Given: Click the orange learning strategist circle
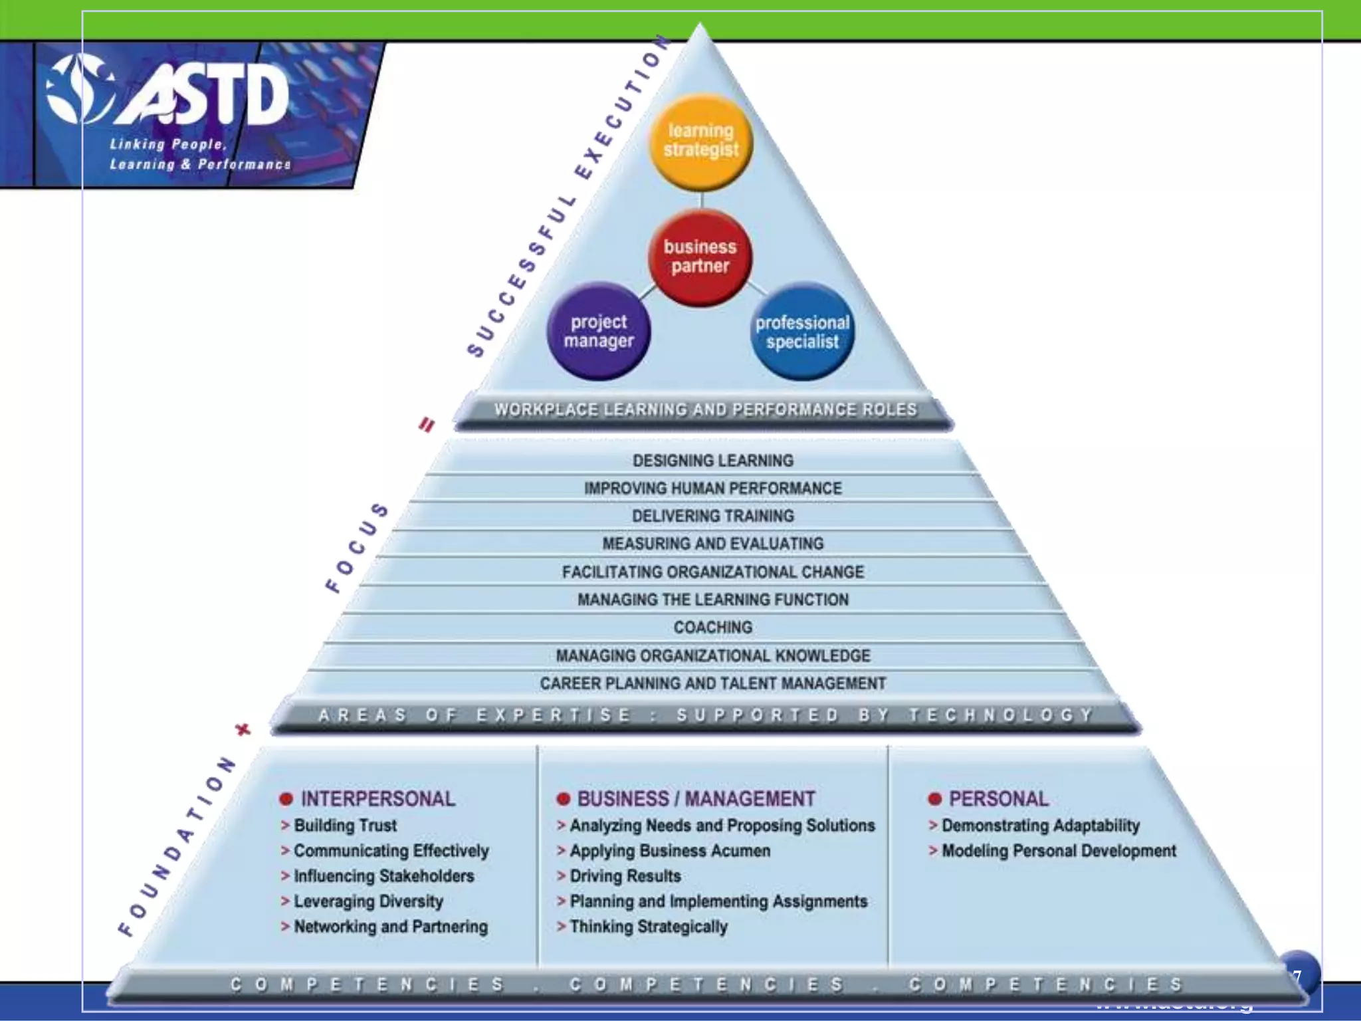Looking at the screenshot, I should point(700,141).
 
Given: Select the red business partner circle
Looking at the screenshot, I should point(700,257).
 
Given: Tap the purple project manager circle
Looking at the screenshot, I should point(599,331).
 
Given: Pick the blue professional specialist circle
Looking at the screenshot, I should point(802,332).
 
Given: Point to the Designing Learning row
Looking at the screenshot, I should point(712,461).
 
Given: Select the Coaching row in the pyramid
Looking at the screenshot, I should point(712,627).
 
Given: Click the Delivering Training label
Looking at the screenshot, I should point(712,516).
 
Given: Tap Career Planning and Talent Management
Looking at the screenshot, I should point(712,683).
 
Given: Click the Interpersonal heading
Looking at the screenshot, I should point(377,798).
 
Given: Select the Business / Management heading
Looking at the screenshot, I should point(695,798).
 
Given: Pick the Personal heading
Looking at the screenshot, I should point(997,798).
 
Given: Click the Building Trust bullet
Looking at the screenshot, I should point(345,826).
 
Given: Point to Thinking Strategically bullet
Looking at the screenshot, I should point(648,927).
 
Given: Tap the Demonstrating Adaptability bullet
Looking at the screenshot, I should point(1040,826).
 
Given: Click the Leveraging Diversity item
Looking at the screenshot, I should point(368,901).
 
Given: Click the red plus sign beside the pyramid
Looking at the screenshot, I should point(243,729).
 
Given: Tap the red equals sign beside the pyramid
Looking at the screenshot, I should point(427,424).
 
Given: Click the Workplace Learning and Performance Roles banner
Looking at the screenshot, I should point(704,409).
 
